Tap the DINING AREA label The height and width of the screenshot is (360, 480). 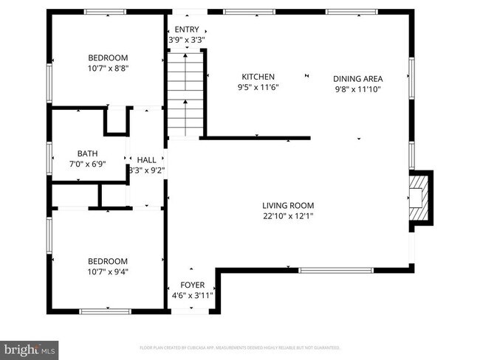357,78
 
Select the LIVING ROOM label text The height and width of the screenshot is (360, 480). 288,205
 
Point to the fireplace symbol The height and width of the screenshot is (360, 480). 421,198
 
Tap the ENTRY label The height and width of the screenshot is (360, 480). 185,30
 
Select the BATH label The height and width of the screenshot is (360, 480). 88,153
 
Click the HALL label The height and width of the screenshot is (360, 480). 146,159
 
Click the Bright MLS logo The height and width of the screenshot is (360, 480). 30,347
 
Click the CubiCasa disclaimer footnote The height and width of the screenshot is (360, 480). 240,347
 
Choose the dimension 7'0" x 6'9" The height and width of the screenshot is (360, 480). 88,164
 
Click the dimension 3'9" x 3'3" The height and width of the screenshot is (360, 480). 185,40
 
